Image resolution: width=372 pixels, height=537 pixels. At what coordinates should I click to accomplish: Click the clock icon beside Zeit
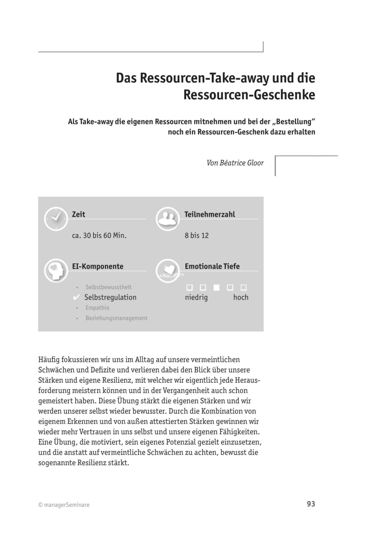click(56, 219)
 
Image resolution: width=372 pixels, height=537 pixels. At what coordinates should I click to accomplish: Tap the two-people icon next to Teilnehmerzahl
click(168, 219)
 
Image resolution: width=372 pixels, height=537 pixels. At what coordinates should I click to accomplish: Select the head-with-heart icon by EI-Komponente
click(56, 271)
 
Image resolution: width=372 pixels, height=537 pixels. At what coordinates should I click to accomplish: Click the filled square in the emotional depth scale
click(216, 287)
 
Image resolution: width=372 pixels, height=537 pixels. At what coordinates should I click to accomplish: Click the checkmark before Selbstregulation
click(76, 297)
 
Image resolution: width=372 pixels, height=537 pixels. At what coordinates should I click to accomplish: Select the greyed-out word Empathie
click(97, 308)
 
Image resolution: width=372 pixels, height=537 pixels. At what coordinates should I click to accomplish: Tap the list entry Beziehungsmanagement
click(116, 318)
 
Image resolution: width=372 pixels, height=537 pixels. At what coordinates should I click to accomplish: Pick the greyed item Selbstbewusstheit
click(108, 287)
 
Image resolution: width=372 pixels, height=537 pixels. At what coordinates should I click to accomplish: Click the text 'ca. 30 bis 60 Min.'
click(99, 236)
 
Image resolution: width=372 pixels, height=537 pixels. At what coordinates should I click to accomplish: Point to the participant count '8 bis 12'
click(197, 236)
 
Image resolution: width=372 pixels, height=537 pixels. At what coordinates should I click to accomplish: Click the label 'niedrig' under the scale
click(196, 297)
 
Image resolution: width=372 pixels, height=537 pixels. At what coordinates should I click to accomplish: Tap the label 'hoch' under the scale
click(241, 297)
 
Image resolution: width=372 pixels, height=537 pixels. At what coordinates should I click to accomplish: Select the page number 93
click(311, 504)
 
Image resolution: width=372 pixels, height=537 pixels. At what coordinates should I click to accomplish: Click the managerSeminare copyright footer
click(64, 505)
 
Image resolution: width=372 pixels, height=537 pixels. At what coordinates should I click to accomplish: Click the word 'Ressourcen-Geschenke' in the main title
click(249, 95)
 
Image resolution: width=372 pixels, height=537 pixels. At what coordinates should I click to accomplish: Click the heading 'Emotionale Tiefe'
click(212, 266)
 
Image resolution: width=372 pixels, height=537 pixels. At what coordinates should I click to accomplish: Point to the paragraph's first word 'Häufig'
click(49, 360)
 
